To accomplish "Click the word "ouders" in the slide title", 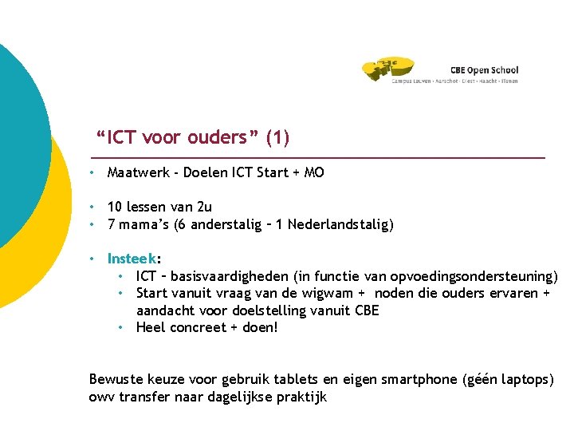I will pos(218,138).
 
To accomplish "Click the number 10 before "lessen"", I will pos(116,208).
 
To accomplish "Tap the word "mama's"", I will pos(143,225).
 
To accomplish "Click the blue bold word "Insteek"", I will pos(132,259).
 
